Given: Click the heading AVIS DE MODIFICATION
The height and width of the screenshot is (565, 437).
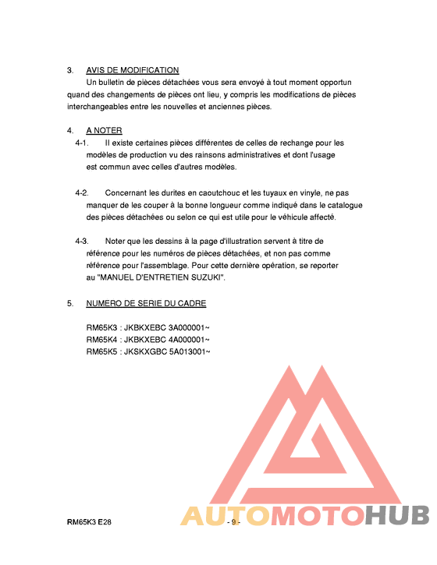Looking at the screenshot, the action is coord(133,70).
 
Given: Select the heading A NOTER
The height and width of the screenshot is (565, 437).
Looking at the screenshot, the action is coord(104,130).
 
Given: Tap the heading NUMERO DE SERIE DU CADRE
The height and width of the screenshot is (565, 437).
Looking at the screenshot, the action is coord(146,303).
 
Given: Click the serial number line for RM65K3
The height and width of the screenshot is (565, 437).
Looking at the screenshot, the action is coord(147,328).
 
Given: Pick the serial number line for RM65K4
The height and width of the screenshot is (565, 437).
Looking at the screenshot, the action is coord(147,340).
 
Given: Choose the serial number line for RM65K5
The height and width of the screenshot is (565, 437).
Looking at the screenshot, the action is coord(147,351).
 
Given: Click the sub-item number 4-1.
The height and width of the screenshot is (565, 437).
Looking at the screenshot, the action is coord(82,143).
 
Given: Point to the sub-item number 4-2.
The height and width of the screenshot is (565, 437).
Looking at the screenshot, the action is coord(82,192).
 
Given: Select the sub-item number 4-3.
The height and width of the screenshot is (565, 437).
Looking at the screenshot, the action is coord(82,241).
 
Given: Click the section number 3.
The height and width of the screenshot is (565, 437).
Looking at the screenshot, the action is coord(69,70).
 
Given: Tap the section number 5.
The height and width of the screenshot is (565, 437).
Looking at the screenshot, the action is coord(69,303).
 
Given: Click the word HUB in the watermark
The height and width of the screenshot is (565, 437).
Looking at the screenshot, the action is coord(399,516).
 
